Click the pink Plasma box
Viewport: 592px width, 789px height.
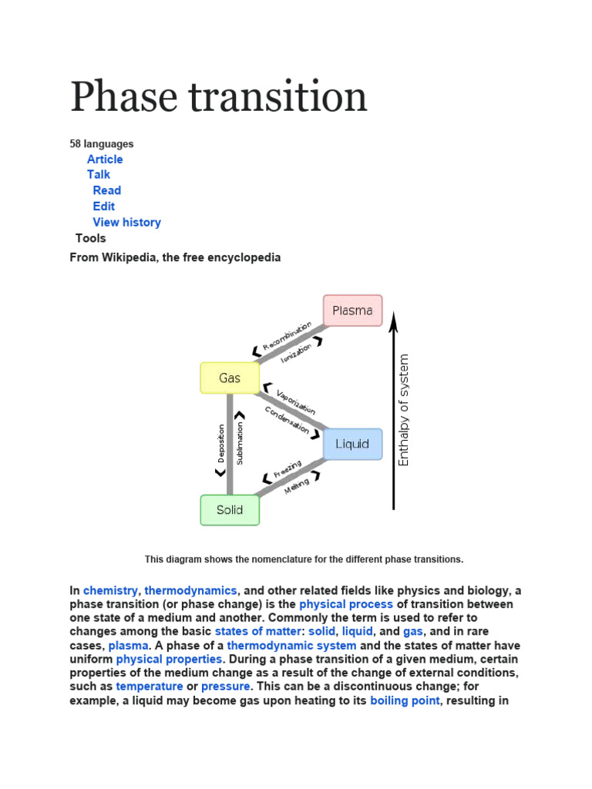point(352,311)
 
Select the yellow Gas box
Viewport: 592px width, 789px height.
point(230,378)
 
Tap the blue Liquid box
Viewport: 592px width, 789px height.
point(352,444)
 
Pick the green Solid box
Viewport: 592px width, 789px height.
point(230,510)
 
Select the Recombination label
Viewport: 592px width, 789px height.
point(286,336)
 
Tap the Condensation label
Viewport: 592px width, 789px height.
point(287,419)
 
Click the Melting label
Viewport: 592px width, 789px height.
point(297,485)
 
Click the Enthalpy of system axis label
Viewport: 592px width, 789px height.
point(404,410)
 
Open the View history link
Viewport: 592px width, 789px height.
point(126,222)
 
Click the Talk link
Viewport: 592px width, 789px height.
point(99,174)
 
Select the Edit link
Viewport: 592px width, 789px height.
point(104,206)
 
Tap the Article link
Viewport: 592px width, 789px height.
point(105,159)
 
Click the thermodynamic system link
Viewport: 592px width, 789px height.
point(291,646)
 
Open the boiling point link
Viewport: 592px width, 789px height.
point(405,700)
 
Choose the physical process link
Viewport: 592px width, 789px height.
point(346,604)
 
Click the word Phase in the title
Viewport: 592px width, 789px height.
point(126,98)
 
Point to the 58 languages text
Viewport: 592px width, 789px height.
point(102,143)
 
